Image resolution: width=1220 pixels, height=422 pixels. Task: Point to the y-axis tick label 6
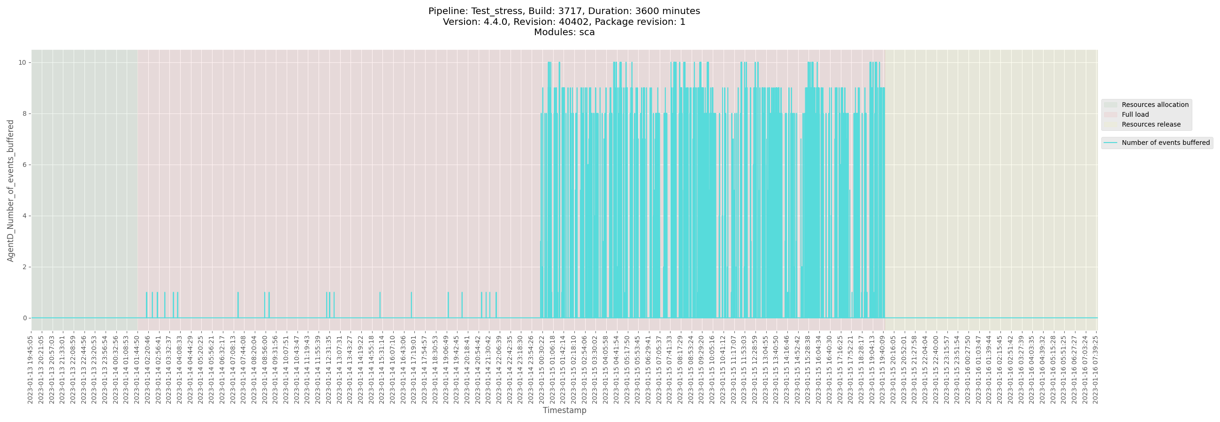[24, 165]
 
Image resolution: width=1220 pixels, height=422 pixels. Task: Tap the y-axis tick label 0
[24, 318]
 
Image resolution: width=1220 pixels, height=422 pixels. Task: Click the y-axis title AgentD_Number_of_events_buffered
[10, 190]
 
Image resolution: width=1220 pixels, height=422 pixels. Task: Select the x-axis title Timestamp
[564, 410]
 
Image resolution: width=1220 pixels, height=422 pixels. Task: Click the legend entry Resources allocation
[1155, 105]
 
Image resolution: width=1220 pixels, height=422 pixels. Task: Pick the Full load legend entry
[1135, 114]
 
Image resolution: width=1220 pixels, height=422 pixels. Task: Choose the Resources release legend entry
[1151, 124]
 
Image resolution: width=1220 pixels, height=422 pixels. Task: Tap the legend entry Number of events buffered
[1166, 143]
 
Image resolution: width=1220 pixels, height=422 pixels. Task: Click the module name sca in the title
[587, 32]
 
